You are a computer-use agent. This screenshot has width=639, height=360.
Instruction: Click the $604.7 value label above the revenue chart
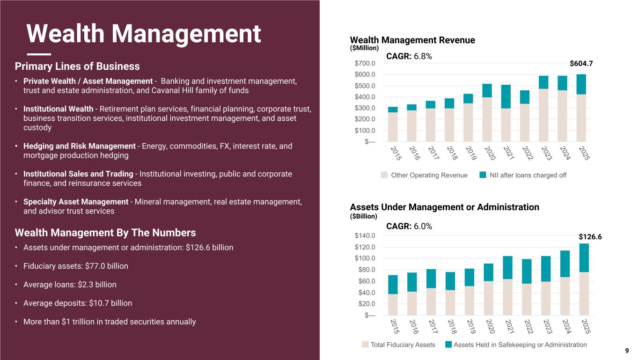[x=581, y=63]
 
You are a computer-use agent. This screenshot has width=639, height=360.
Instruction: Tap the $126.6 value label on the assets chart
[x=589, y=237]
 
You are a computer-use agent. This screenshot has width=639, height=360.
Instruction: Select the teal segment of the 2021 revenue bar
[x=506, y=96]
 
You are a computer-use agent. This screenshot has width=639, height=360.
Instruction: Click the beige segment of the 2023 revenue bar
[x=544, y=115]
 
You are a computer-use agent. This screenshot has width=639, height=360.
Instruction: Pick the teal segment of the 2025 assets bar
[x=584, y=257]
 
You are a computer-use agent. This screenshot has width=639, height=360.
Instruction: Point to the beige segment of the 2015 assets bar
[x=393, y=304]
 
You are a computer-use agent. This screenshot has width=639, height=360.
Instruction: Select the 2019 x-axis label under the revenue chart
[x=471, y=153]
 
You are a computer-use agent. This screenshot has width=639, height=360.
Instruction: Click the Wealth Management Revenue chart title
[x=412, y=40]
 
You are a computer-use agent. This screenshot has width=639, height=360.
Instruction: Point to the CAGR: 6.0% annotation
[x=409, y=226]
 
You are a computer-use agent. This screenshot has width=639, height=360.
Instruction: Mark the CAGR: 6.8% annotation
[x=409, y=56]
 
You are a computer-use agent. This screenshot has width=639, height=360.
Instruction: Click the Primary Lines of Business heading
[x=77, y=66]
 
